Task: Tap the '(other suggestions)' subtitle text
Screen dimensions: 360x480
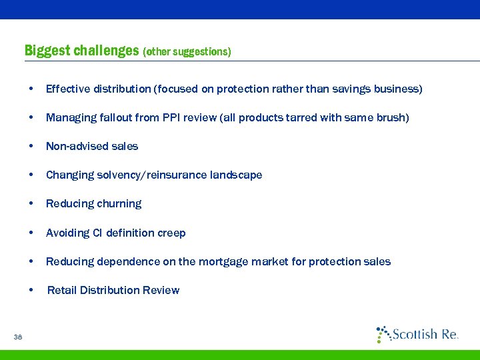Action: (x=187, y=52)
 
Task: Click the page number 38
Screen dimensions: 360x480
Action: (x=17, y=337)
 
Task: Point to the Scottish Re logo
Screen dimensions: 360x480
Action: (x=417, y=333)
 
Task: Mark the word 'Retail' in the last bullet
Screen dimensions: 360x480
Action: (x=61, y=290)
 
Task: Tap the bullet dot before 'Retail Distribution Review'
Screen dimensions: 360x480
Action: (x=31, y=291)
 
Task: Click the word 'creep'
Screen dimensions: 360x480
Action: (x=171, y=233)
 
